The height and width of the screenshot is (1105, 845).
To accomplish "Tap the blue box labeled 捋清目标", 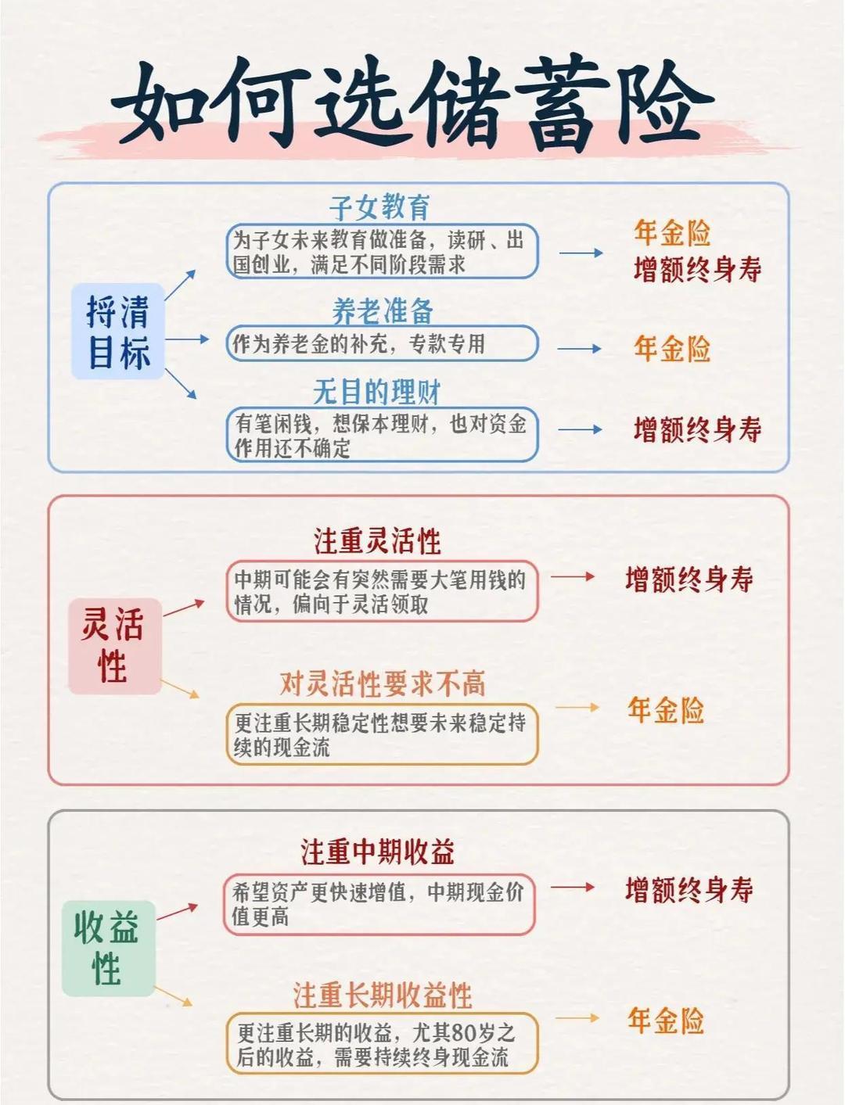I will [117, 332].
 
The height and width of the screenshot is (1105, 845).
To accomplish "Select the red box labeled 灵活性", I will [113, 646].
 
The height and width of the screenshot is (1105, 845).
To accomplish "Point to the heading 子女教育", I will [379, 207].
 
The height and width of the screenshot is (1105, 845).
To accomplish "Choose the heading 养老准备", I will [383, 311].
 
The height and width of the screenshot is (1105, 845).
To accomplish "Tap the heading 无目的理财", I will [377, 392].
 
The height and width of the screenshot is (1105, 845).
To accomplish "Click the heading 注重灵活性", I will [378, 540].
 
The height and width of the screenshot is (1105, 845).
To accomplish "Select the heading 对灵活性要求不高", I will [383, 683].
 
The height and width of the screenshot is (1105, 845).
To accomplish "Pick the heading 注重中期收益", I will [378, 852].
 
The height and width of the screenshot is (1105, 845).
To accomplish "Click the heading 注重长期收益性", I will [383, 996].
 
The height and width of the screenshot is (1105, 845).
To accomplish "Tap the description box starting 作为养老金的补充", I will [382, 343].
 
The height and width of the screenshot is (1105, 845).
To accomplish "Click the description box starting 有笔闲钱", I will [382, 435].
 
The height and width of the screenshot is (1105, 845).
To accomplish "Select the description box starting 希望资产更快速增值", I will [379, 904].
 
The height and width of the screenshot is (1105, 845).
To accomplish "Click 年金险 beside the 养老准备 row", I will [672, 348].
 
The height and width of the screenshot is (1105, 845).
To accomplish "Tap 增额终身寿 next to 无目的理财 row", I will [697, 429].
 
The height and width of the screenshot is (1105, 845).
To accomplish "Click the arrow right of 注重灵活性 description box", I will [573, 577].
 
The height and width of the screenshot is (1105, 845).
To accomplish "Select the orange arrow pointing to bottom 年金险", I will [577, 1018].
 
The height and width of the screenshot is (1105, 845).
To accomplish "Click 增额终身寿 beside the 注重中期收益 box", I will [689, 889].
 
